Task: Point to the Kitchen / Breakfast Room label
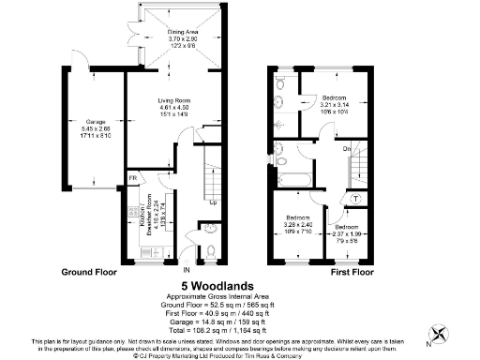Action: [x=131, y=222]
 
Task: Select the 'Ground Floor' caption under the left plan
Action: [x=90, y=272]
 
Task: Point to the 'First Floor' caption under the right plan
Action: [x=352, y=272]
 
